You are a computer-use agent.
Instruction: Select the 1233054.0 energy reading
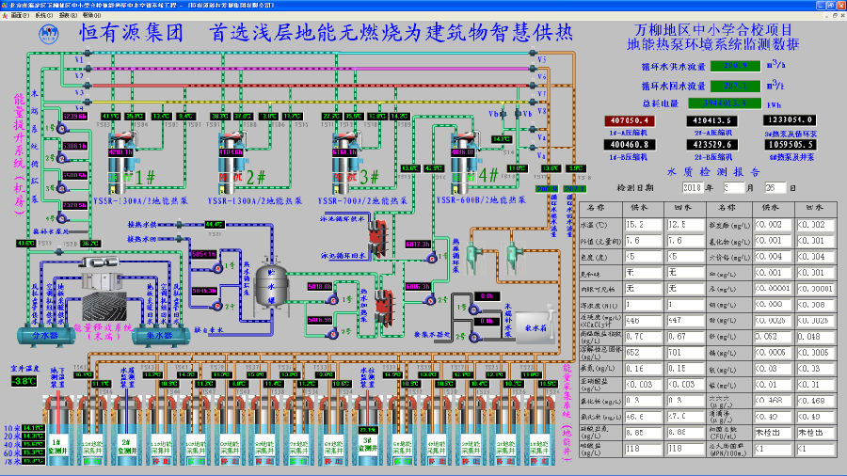tap(790, 120)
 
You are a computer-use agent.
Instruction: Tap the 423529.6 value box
tap(713, 145)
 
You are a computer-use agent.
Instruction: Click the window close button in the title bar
tap(839, 5)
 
